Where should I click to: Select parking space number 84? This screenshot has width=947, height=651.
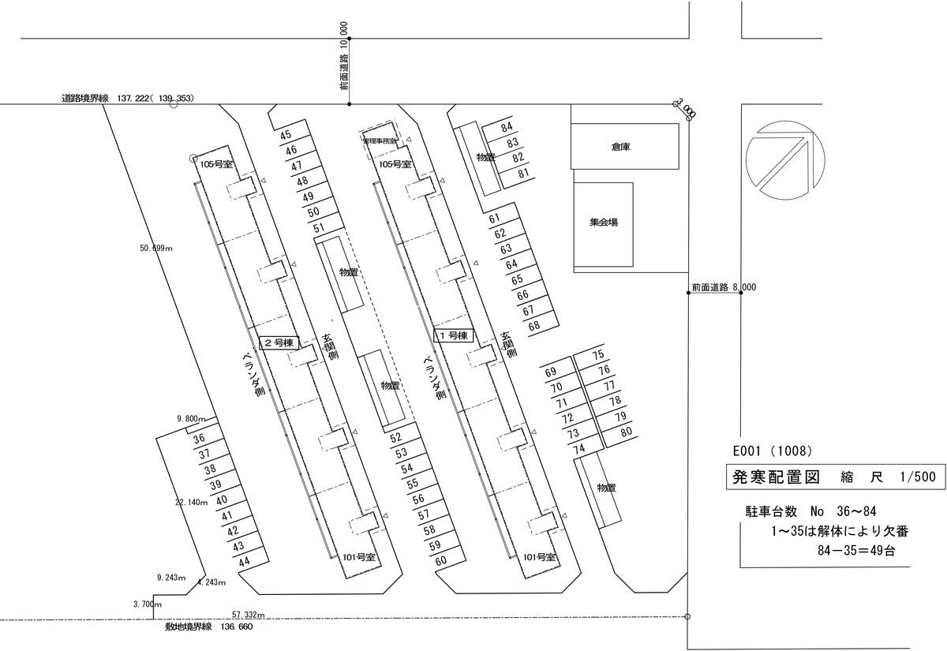[x=507, y=128]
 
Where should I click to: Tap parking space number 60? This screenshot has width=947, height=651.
[x=441, y=560]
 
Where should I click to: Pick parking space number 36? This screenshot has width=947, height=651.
[x=199, y=439]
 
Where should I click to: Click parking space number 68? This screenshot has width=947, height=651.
[x=534, y=325]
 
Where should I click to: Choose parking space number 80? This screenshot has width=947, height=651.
[x=626, y=432]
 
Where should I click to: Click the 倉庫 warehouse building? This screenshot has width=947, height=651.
[x=623, y=146]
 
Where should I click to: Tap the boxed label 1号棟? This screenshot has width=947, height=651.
[x=453, y=336]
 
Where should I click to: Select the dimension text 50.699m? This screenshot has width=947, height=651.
[x=156, y=249]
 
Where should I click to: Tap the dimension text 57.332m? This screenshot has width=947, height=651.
[x=249, y=614]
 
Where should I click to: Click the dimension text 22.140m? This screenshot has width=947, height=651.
[x=191, y=502]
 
